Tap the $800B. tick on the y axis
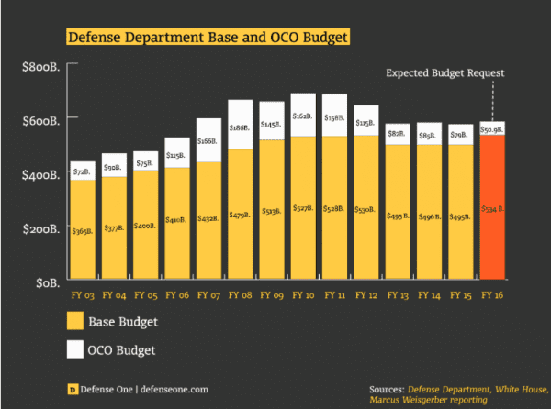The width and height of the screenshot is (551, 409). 40,66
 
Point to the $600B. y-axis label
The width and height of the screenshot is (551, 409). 40,120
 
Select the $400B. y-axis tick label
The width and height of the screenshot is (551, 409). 40,174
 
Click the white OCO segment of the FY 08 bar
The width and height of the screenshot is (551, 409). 241,125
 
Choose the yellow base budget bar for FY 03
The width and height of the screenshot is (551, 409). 84,229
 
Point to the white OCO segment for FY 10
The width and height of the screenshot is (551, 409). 303,115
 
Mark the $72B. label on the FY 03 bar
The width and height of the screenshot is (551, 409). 84,171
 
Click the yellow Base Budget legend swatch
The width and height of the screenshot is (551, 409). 75,321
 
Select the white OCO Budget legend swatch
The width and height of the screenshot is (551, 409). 75,349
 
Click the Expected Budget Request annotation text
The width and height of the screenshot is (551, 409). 445,73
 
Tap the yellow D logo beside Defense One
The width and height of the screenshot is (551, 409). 73,389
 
